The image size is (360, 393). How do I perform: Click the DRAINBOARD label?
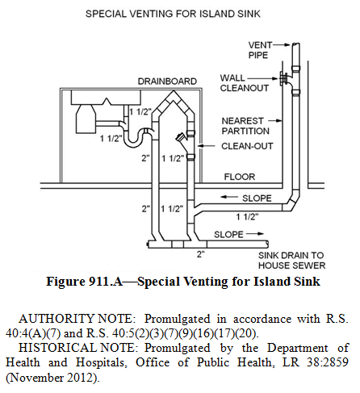pyautogui.click(x=167, y=82)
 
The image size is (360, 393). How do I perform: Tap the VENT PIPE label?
pyautogui.click(x=260, y=50)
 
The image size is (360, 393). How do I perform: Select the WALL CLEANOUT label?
pyautogui.click(x=244, y=83)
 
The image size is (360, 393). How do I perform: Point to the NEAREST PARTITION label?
pyautogui.click(x=245, y=126)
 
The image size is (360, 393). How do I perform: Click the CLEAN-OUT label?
pyautogui.click(x=247, y=146)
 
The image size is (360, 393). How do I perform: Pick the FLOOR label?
pyautogui.click(x=240, y=177)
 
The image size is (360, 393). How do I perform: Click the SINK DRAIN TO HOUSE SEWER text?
pyautogui.click(x=291, y=261)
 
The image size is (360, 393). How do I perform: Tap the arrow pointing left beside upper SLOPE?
pyautogui.click(x=229, y=197)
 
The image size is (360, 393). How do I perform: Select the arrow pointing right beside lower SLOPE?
pyautogui.click(x=255, y=234)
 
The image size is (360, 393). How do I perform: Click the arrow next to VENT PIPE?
pyautogui.click(x=282, y=45)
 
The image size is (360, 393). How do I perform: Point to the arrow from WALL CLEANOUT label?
pyautogui.click(x=262, y=78)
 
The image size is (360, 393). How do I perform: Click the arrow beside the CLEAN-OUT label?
pyautogui.click(x=207, y=146)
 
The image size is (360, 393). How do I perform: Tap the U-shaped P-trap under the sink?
pyautogui.click(x=136, y=138)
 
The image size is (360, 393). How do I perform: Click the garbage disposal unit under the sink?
pyautogui.click(x=86, y=119)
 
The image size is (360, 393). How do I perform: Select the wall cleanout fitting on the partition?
pyautogui.click(x=283, y=78)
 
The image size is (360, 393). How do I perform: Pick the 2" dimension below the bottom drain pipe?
pyautogui.click(x=200, y=253)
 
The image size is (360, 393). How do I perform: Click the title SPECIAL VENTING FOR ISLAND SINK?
pyautogui.click(x=173, y=14)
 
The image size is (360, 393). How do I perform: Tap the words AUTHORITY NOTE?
pyautogui.click(x=75, y=319)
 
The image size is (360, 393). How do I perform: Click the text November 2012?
pyautogui.click(x=52, y=378)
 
